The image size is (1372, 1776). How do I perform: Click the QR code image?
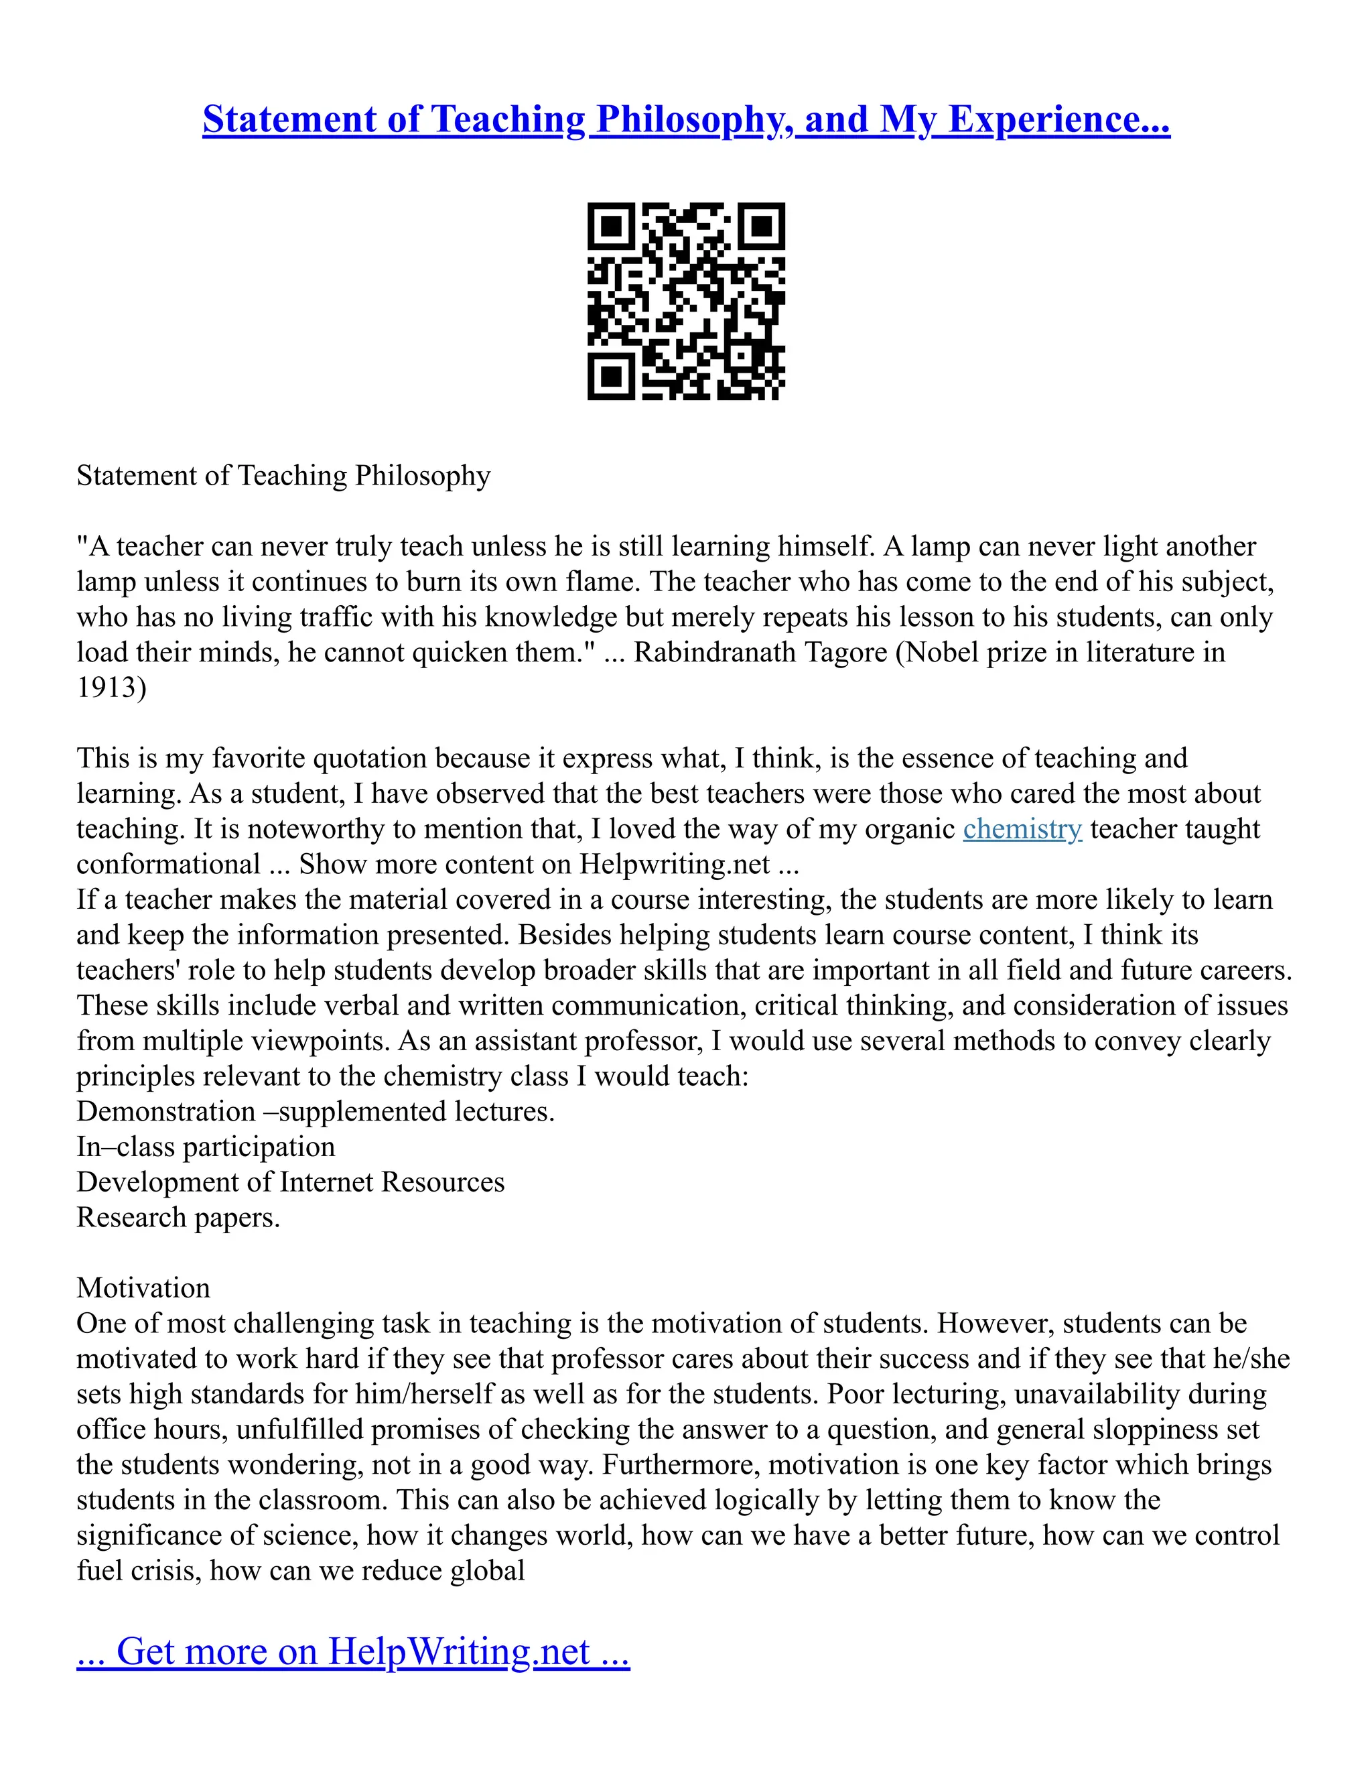coord(686,301)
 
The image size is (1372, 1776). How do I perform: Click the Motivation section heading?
coord(143,1288)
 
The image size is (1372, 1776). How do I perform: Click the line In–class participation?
coord(206,1147)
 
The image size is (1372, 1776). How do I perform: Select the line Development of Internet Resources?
coord(290,1182)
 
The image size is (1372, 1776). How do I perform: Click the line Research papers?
coord(178,1217)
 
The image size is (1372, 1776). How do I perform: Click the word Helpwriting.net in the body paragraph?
coord(674,865)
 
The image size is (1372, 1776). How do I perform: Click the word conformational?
coord(168,865)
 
